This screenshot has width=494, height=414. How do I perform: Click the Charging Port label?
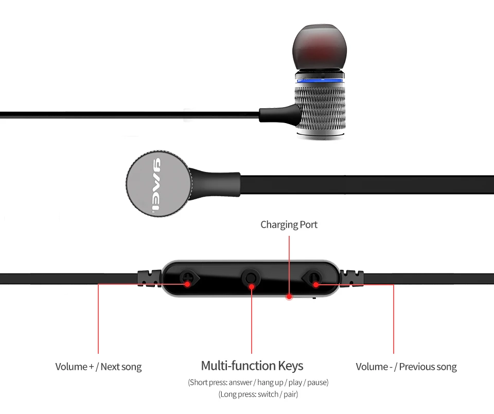pos(289,225)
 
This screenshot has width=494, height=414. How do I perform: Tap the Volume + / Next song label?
pos(98,367)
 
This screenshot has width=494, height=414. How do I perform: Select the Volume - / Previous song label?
pos(406,367)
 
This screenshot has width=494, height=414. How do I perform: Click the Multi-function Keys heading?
pos(252,366)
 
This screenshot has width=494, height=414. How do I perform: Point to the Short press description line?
pos(258,383)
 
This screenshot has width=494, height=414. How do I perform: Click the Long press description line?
pos(258,394)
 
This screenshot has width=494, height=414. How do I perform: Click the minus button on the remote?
pos(313,280)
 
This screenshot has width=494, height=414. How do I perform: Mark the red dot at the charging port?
pos(289,296)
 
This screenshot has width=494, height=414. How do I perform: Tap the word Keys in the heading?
pos(290,366)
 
